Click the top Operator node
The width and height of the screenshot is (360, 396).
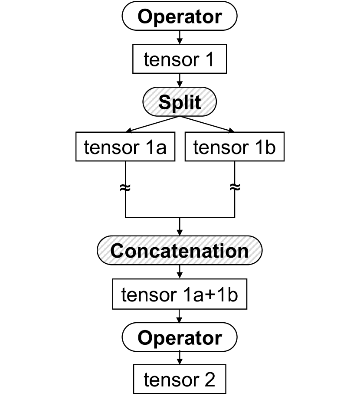click(180, 17)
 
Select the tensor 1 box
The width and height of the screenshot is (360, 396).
click(180, 60)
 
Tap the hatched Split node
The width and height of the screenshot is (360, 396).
click(180, 103)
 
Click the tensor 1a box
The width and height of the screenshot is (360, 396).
click(125, 147)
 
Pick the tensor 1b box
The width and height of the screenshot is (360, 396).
click(235, 147)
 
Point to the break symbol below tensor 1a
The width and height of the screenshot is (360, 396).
click(125, 187)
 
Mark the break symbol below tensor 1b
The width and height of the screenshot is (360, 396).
click(235, 187)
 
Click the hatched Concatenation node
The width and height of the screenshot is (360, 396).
click(180, 251)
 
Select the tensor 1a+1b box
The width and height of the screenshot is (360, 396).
click(180, 295)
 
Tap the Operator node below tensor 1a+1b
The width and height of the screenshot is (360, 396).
click(180, 337)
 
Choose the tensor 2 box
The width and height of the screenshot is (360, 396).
click(180, 380)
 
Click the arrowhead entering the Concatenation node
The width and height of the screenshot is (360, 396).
click(180, 232)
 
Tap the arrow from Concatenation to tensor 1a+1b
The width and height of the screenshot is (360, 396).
click(180, 272)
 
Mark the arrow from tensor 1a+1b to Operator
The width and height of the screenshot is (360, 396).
click(180, 317)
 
